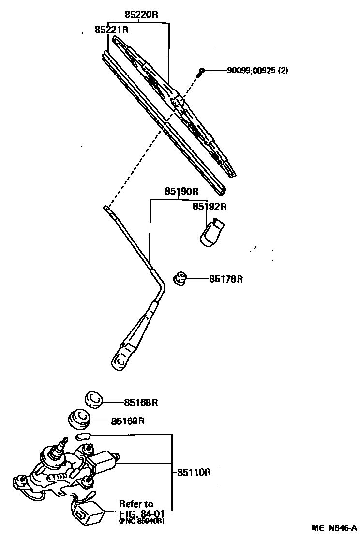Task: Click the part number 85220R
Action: coord(141,15)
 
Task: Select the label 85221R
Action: coord(111,30)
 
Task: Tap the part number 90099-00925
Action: coord(251,70)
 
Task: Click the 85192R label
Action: coord(210,207)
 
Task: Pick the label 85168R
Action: coord(141,402)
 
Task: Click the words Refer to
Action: coord(137,504)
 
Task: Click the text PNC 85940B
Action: coord(141,521)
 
